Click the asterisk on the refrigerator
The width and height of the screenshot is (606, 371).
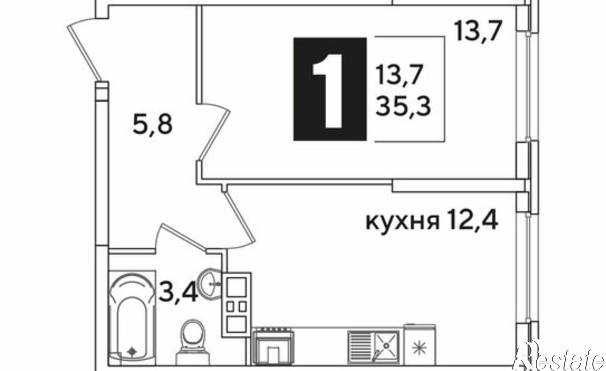(x=419, y=346)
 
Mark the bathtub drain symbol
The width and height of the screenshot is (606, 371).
(x=132, y=352)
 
